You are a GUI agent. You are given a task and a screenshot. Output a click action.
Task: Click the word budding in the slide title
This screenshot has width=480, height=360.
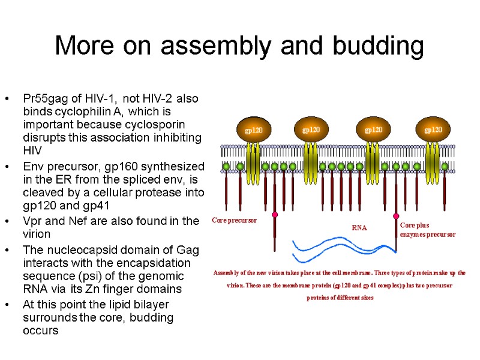(x=380, y=46)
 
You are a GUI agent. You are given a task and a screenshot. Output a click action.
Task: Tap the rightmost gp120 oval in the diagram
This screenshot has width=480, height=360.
(x=433, y=130)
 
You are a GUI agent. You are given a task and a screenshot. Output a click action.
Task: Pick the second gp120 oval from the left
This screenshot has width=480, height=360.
(x=311, y=130)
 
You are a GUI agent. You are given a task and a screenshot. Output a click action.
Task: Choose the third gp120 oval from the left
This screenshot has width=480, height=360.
(x=373, y=130)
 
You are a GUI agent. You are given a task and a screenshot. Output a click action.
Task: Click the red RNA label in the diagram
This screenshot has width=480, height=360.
(x=359, y=227)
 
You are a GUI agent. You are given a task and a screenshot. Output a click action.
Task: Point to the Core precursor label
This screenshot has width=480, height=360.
(x=235, y=220)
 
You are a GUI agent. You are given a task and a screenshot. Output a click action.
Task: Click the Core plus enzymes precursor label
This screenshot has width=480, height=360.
(x=427, y=230)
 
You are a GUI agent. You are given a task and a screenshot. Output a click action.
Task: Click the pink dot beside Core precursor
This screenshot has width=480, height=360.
(x=275, y=214)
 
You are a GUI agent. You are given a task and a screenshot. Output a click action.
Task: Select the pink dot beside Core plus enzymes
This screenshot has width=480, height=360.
(x=396, y=216)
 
